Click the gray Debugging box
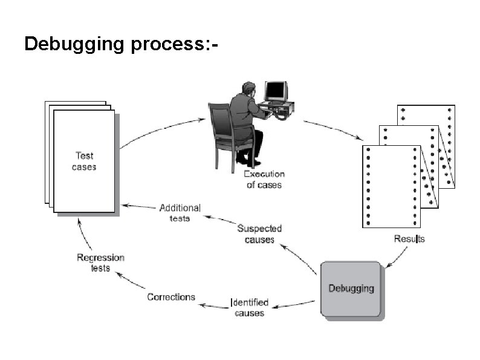(351, 289)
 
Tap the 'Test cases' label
(84, 161)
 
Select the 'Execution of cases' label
(264, 180)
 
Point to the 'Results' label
(409, 238)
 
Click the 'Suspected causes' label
(259, 234)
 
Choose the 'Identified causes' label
(250, 307)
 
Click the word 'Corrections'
(171, 297)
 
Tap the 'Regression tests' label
(100, 263)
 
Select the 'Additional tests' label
(180, 213)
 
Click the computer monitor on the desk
(276, 91)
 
